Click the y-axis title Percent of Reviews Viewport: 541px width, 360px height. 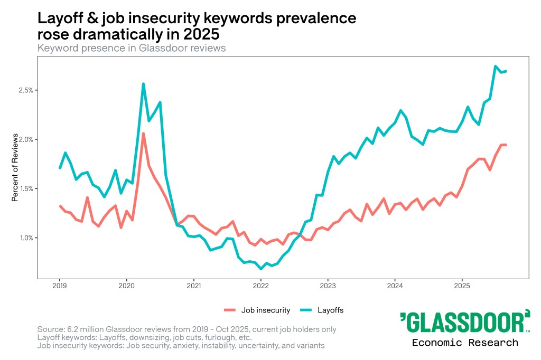[x=15, y=168]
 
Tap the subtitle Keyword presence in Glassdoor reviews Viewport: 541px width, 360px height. [x=132, y=48]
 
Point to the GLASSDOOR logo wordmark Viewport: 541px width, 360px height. [x=465, y=321]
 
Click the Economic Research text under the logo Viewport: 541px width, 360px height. [x=465, y=343]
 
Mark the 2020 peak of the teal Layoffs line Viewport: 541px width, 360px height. [x=143, y=84]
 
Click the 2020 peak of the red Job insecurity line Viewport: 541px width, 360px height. [x=143, y=134]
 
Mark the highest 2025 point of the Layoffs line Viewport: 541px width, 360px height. [x=496, y=67]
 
